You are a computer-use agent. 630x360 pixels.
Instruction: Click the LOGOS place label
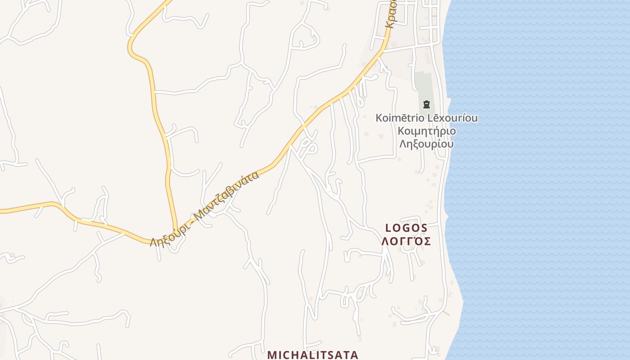(406, 228)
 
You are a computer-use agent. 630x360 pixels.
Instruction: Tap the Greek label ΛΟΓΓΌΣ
(406, 242)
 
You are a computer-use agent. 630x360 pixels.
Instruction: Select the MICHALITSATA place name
(313, 355)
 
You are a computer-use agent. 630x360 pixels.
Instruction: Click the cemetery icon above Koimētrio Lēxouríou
(426, 105)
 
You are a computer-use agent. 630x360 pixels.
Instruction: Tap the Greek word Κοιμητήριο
(427, 131)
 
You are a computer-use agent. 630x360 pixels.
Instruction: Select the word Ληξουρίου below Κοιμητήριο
(427, 144)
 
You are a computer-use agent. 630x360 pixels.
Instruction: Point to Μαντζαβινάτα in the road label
(229, 192)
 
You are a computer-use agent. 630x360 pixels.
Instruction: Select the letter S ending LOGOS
(423, 228)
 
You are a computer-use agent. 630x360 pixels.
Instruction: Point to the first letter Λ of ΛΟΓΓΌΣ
(385, 242)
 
